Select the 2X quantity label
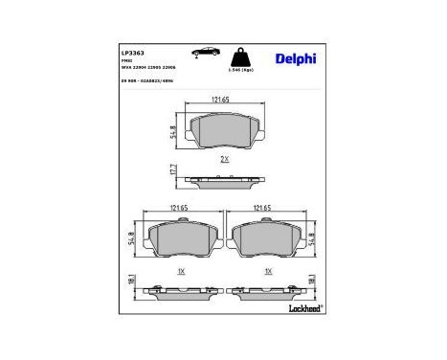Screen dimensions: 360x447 pos(224,159)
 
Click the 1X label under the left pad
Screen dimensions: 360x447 pos(179,271)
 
